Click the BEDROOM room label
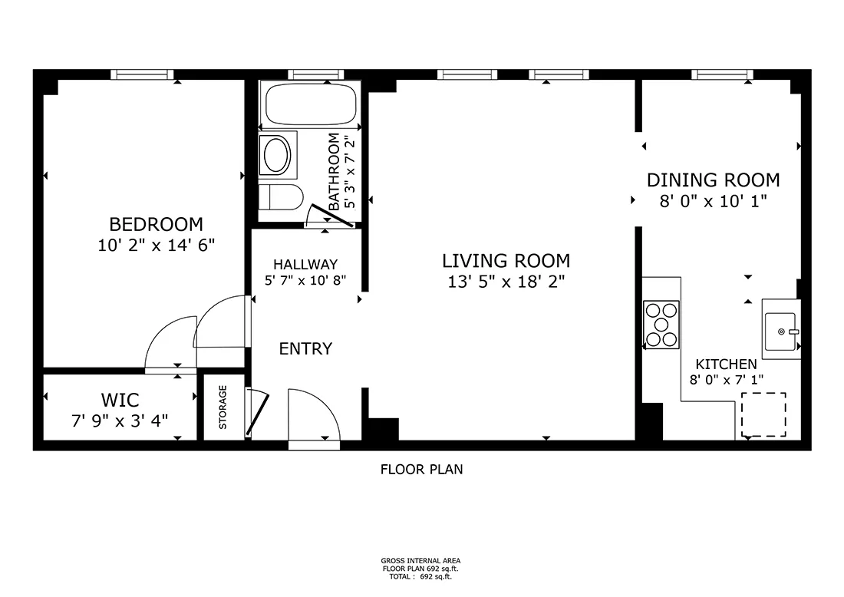[156, 224]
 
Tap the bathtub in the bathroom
[309, 104]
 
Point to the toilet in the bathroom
[280, 197]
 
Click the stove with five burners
[661, 325]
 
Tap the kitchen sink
[781, 329]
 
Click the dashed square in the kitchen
[763, 414]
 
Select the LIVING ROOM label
[506, 261]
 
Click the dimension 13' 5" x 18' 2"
[506, 282]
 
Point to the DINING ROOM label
[714, 180]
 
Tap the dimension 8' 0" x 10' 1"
[714, 201]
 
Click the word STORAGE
[223, 407]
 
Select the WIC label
[120, 400]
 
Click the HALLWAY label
[305, 264]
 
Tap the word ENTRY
[305, 349]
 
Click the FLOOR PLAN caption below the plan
[421, 470]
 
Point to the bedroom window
[142, 75]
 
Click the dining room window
[722, 75]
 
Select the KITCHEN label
[726, 364]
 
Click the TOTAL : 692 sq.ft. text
[420, 576]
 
